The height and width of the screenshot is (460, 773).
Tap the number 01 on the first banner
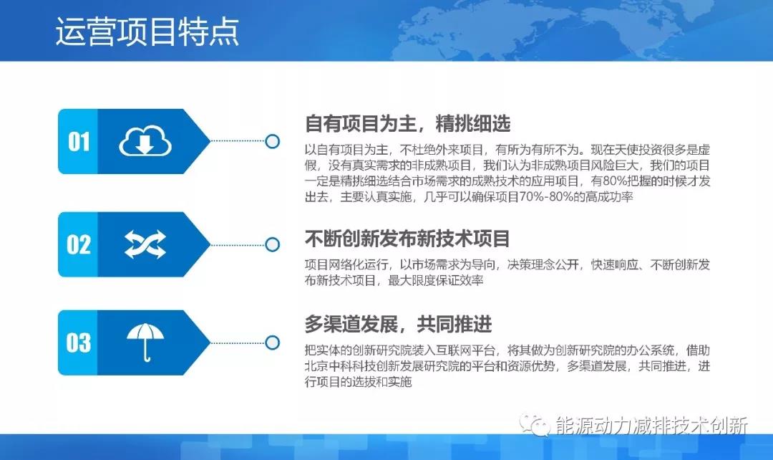pyautogui.click(x=79, y=141)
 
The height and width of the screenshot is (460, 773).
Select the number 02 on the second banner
pyautogui.click(x=79, y=244)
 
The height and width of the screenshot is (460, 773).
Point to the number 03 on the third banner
pyautogui.click(x=79, y=342)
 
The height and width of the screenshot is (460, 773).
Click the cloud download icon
pyautogui.click(x=145, y=142)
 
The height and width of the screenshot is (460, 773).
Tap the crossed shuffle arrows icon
pyautogui.click(x=145, y=244)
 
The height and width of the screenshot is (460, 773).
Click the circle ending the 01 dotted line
pyautogui.click(x=272, y=142)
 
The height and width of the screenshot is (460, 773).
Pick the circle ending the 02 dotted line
pyautogui.click(x=272, y=244)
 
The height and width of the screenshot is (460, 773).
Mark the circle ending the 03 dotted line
pyautogui.click(x=272, y=342)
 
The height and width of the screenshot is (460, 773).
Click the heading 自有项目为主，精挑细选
pyautogui.click(x=407, y=124)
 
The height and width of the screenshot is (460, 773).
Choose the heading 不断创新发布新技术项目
pyautogui.click(x=407, y=238)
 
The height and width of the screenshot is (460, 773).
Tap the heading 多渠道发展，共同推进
pyautogui.click(x=398, y=325)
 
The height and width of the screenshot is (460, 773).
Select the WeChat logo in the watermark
pyautogui.click(x=534, y=424)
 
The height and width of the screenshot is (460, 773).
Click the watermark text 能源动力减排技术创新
pyautogui.click(x=651, y=425)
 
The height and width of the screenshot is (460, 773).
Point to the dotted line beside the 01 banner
pyautogui.click(x=236, y=142)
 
